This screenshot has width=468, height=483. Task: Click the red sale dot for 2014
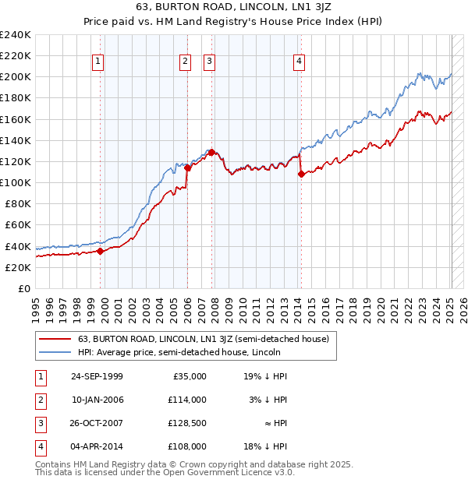pyautogui.click(x=301, y=175)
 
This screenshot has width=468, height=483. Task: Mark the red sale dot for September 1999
pyautogui.click(x=101, y=251)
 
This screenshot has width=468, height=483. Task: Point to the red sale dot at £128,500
pyautogui.click(x=212, y=153)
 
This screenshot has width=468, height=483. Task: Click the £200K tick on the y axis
pyautogui.click(x=16, y=77)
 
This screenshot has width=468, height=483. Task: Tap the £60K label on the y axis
pyautogui.click(x=18, y=225)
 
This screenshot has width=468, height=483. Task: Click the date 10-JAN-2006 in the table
pyautogui.click(x=97, y=400)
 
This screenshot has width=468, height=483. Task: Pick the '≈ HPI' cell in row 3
pyautogui.click(x=274, y=423)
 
